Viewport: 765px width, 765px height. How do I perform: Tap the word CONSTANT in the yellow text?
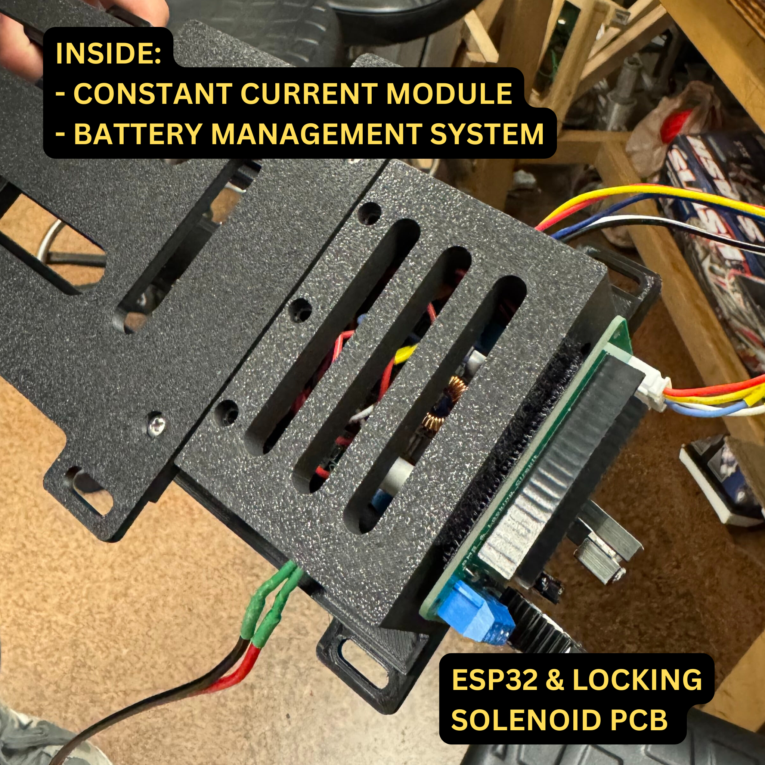[153, 94]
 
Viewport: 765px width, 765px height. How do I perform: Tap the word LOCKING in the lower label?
[637, 679]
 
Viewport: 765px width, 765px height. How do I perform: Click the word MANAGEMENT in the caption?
[315, 134]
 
